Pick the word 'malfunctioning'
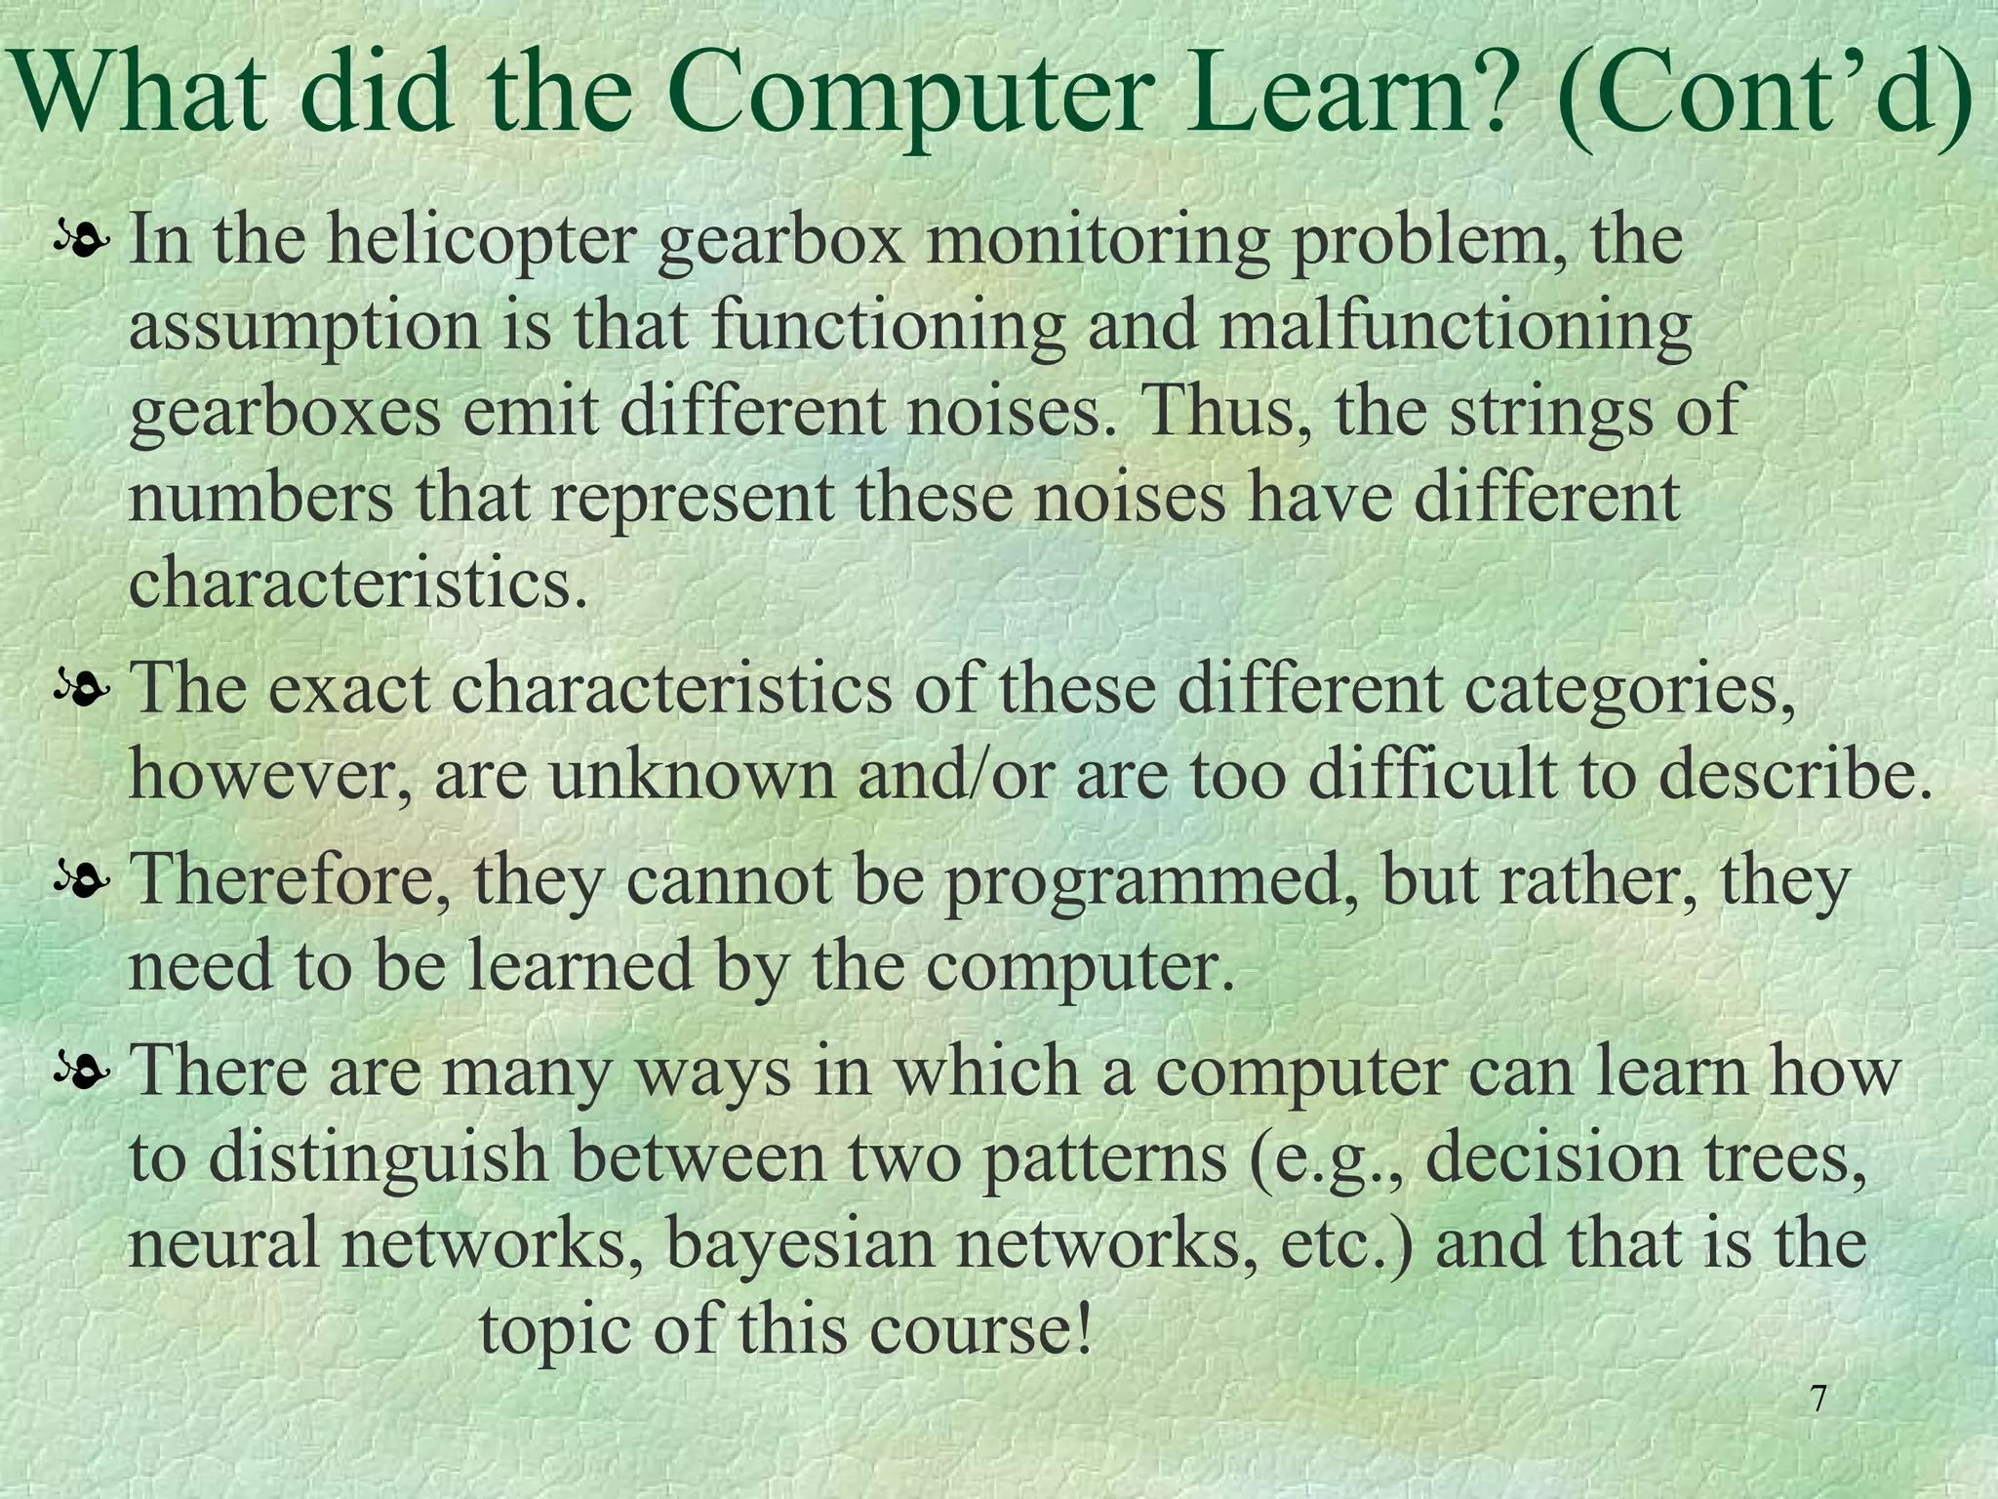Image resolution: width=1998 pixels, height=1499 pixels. [1455, 328]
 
